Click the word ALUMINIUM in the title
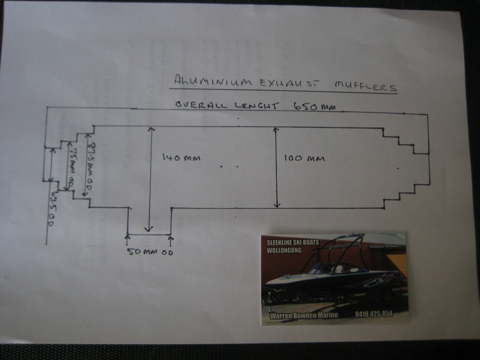[213, 81]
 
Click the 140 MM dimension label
[181, 157]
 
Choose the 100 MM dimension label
[304, 158]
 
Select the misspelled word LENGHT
[256, 106]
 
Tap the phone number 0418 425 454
[374, 314]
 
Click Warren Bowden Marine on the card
[304, 315]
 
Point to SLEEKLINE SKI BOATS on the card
[292, 242]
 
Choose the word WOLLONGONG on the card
[284, 250]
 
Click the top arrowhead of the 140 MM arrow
[151, 129]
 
